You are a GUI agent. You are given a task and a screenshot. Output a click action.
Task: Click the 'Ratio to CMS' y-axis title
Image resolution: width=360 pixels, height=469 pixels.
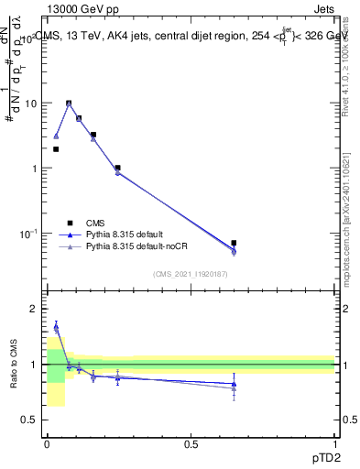coord(16,365)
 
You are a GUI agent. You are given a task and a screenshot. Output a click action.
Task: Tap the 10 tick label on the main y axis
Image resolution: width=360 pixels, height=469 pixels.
coord(29,103)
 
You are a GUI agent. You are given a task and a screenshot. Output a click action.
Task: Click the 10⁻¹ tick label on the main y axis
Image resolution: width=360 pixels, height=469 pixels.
coord(27,234)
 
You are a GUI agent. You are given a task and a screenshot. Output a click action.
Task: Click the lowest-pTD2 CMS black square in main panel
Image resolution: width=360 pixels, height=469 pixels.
coord(56,148)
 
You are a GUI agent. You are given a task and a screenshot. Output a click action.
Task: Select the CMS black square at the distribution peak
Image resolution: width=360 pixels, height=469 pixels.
coord(69,104)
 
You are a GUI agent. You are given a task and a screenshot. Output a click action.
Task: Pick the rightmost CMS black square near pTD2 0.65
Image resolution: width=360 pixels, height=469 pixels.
coord(234,243)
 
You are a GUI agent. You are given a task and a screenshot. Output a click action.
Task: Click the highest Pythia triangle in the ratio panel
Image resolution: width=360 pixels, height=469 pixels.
coord(56,325)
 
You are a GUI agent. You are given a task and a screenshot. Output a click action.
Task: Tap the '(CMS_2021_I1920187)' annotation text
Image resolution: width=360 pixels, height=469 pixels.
coord(190,274)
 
